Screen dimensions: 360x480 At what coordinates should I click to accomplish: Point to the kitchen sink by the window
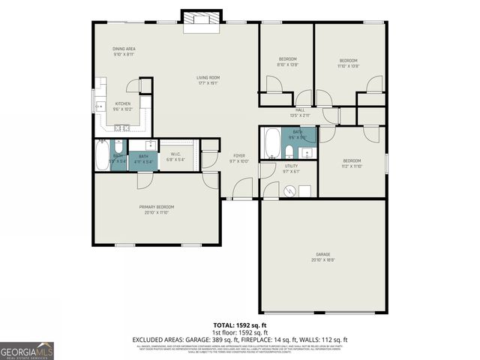(x=99, y=106)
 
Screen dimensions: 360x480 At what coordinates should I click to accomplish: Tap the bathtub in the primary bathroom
(x=102, y=156)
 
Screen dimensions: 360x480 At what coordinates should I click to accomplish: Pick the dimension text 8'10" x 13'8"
(x=288, y=65)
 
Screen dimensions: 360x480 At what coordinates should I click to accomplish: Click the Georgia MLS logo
(x=27, y=350)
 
